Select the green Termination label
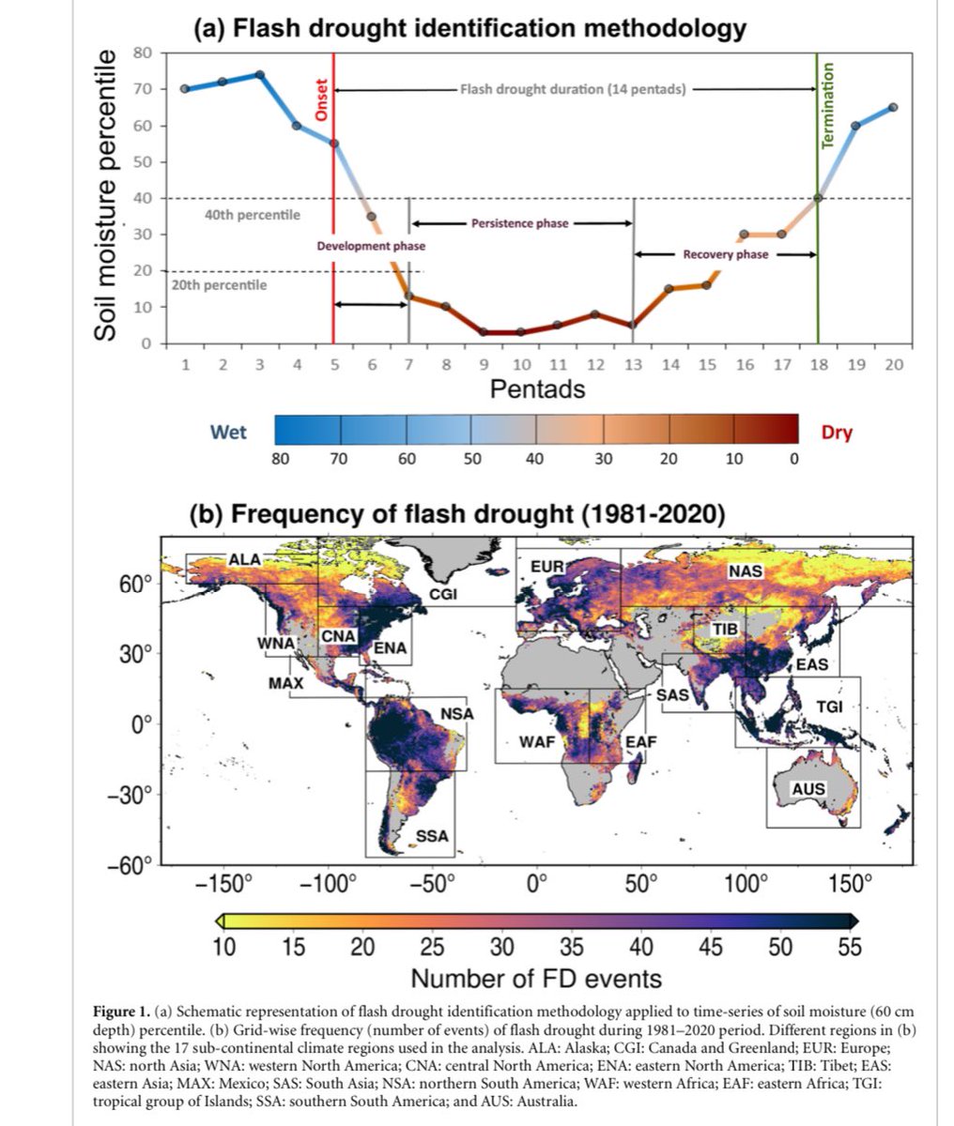pos(828,105)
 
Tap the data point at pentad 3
pos(260,75)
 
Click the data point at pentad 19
pos(855,126)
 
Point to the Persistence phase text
pos(521,224)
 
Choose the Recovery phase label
pos(725,254)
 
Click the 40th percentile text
pos(253,215)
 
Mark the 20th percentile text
pos(219,284)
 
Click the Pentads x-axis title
pos(537,388)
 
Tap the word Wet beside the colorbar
pos(228,432)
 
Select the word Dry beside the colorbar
pos(837,433)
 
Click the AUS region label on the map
pos(808,789)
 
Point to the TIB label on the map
pos(725,629)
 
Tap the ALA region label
pos(245,560)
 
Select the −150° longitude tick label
pos(230,883)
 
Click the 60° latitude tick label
pos(133,584)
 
